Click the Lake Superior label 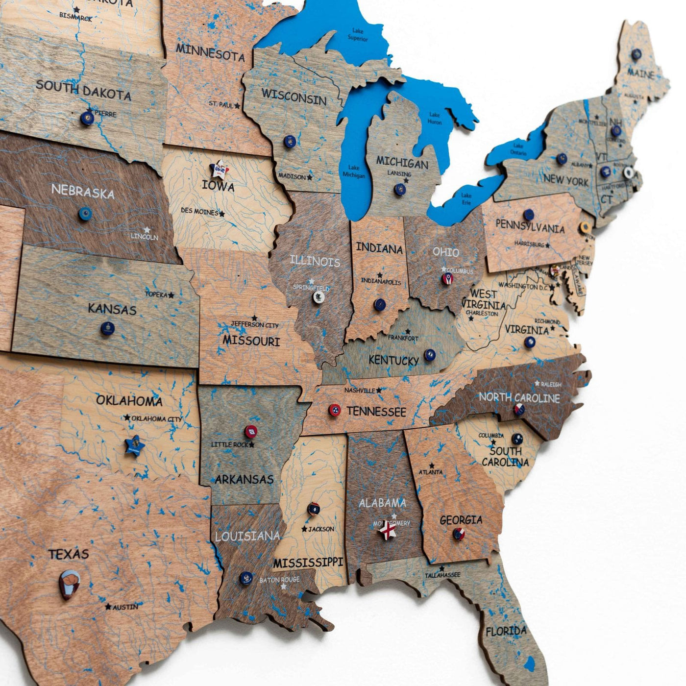[x=358, y=34]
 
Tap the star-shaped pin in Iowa [x=218, y=169]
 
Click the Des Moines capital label [x=199, y=212]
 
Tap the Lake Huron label [x=435, y=118]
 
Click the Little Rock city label [x=230, y=444]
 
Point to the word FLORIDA [x=506, y=632]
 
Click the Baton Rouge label [x=279, y=580]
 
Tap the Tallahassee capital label [x=442, y=575]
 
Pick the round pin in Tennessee [x=335, y=410]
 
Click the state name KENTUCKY [x=393, y=361]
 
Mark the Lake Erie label [x=466, y=198]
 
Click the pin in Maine [x=636, y=54]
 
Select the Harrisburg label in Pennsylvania [x=529, y=244]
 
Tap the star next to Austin [x=108, y=607]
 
